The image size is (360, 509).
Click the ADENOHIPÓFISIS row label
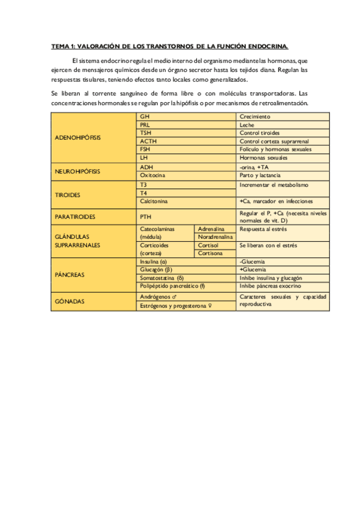(78, 137)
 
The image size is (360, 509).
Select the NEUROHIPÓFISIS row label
(77, 171)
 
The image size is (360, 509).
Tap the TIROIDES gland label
(67, 194)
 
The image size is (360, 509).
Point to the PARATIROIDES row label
(76, 215)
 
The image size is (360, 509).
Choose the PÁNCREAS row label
(69, 274)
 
